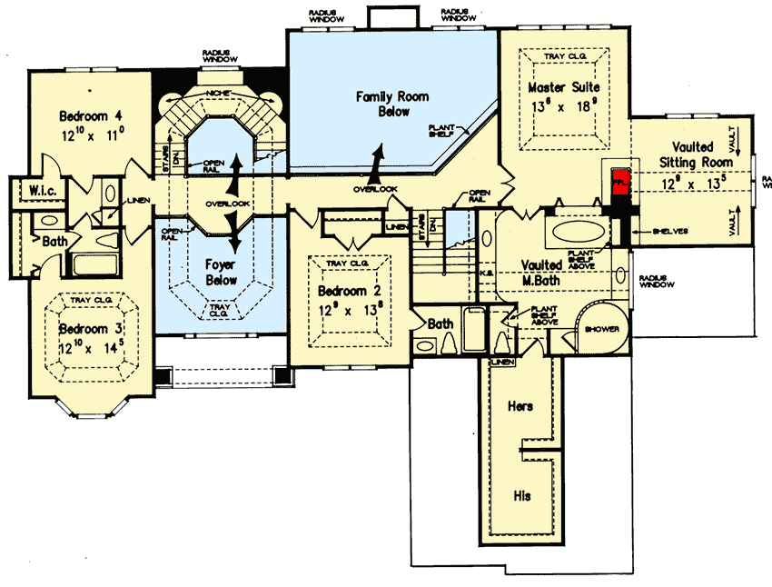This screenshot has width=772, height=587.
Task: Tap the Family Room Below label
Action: click(x=392, y=104)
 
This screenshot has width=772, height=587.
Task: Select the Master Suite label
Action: click(x=562, y=87)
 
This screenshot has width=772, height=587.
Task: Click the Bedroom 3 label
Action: click(x=91, y=328)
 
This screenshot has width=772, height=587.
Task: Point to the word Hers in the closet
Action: click(x=520, y=406)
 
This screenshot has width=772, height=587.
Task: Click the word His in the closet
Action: click(x=521, y=496)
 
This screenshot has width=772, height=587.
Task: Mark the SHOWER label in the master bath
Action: click(x=601, y=328)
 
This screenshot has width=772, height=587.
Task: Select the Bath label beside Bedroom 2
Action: click(x=440, y=323)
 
